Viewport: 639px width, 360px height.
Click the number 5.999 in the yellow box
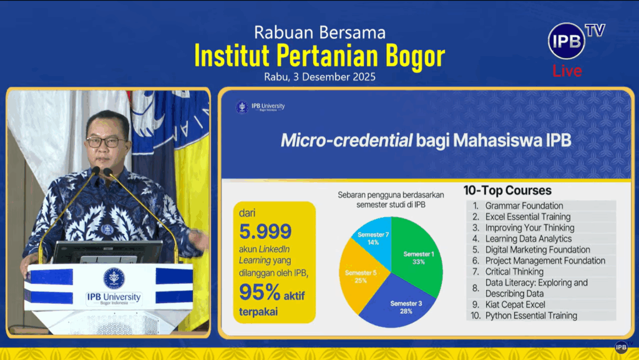pos(265,231)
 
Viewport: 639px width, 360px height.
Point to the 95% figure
pos(260,293)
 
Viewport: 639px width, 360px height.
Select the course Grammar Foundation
pos(524,206)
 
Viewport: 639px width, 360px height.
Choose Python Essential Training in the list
pos(531,316)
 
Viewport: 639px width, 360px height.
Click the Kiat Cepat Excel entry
pos(515,304)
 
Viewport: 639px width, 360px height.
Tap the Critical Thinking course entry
pos(514,271)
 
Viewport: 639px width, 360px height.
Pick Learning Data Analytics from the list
pos(528,238)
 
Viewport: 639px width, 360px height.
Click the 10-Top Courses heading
pos(507,190)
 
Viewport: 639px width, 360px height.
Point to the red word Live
pos(567,71)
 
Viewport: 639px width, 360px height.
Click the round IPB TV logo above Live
pos(567,41)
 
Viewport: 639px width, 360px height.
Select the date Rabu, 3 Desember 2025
pos(319,77)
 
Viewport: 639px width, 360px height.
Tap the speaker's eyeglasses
pos(105,142)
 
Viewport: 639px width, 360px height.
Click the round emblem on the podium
pos(114,278)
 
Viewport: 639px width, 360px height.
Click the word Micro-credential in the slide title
pos(346,140)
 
